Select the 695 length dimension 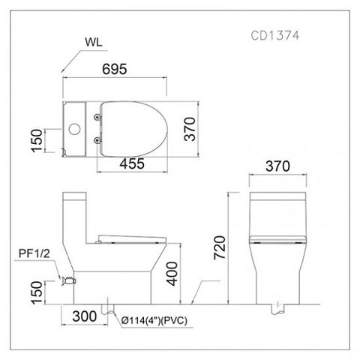113,68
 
